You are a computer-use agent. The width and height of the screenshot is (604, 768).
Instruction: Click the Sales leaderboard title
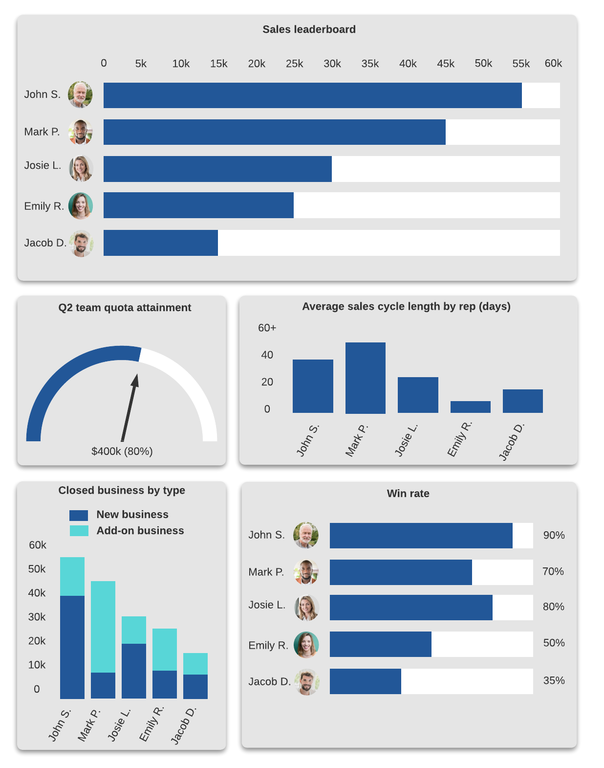click(x=309, y=29)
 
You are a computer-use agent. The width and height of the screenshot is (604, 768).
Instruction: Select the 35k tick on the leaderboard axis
click(x=370, y=64)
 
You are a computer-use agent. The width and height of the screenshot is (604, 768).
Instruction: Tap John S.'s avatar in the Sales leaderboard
click(x=80, y=94)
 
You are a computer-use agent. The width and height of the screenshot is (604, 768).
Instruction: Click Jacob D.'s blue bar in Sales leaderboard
click(x=160, y=243)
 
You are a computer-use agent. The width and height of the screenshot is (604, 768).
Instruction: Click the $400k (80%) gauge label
click(x=122, y=451)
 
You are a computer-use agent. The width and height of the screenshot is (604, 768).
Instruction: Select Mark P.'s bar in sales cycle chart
click(x=365, y=378)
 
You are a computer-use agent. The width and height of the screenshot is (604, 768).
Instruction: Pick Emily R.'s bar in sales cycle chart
click(x=470, y=407)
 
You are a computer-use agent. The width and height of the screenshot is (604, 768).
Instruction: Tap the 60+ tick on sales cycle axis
click(x=267, y=328)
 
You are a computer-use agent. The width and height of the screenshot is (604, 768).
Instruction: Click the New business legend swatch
click(x=79, y=515)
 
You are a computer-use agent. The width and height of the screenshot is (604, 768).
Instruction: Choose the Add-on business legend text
click(x=140, y=531)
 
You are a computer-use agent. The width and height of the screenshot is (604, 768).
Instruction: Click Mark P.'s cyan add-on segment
click(x=103, y=626)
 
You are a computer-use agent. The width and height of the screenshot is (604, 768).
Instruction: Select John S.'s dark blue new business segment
click(x=72, y=647)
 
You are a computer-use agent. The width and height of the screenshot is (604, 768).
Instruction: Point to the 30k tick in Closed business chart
click(x=37, y=617)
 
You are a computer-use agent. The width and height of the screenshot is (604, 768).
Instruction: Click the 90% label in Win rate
click(x=554, y=535)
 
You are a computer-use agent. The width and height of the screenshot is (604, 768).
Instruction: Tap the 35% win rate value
click(x=554, y=680)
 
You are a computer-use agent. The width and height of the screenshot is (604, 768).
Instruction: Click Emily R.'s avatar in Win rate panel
click(x=306, y=645)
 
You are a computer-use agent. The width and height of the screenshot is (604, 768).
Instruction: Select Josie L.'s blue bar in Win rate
click(x=410, y=608)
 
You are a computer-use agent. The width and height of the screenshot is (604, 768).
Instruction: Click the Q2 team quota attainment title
click(x=125, y=308)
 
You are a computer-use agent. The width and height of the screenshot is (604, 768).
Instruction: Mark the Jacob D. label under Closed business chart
click(x=183, y=725)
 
